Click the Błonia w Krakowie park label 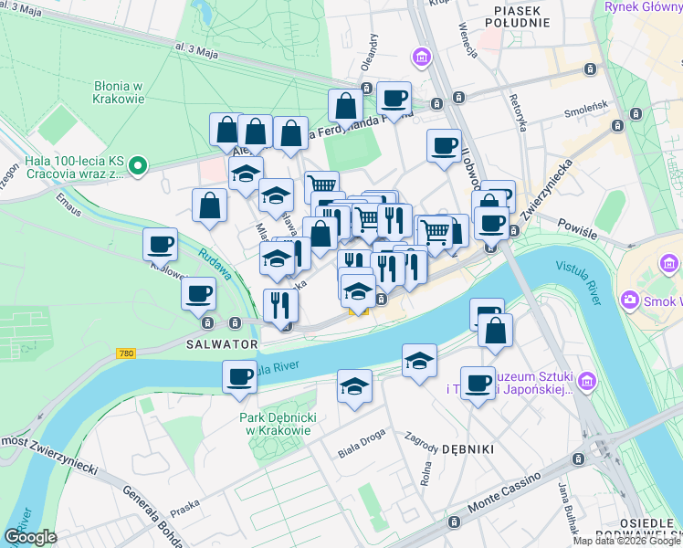click(x=120, y=90)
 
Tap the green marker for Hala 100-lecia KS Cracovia click(x=138, y=165)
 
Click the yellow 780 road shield click(x=127, y=353)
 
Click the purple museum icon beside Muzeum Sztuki click(x=587, y=379)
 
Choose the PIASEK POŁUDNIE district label click(x=519, y=16)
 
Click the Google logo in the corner click(x=30, y=536)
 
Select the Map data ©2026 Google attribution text click(x=626, y=541)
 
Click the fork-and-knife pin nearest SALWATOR click(x=279, y=305)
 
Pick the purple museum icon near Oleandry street click(x=422, y=58)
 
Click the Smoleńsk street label click(x=585, y=115)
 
